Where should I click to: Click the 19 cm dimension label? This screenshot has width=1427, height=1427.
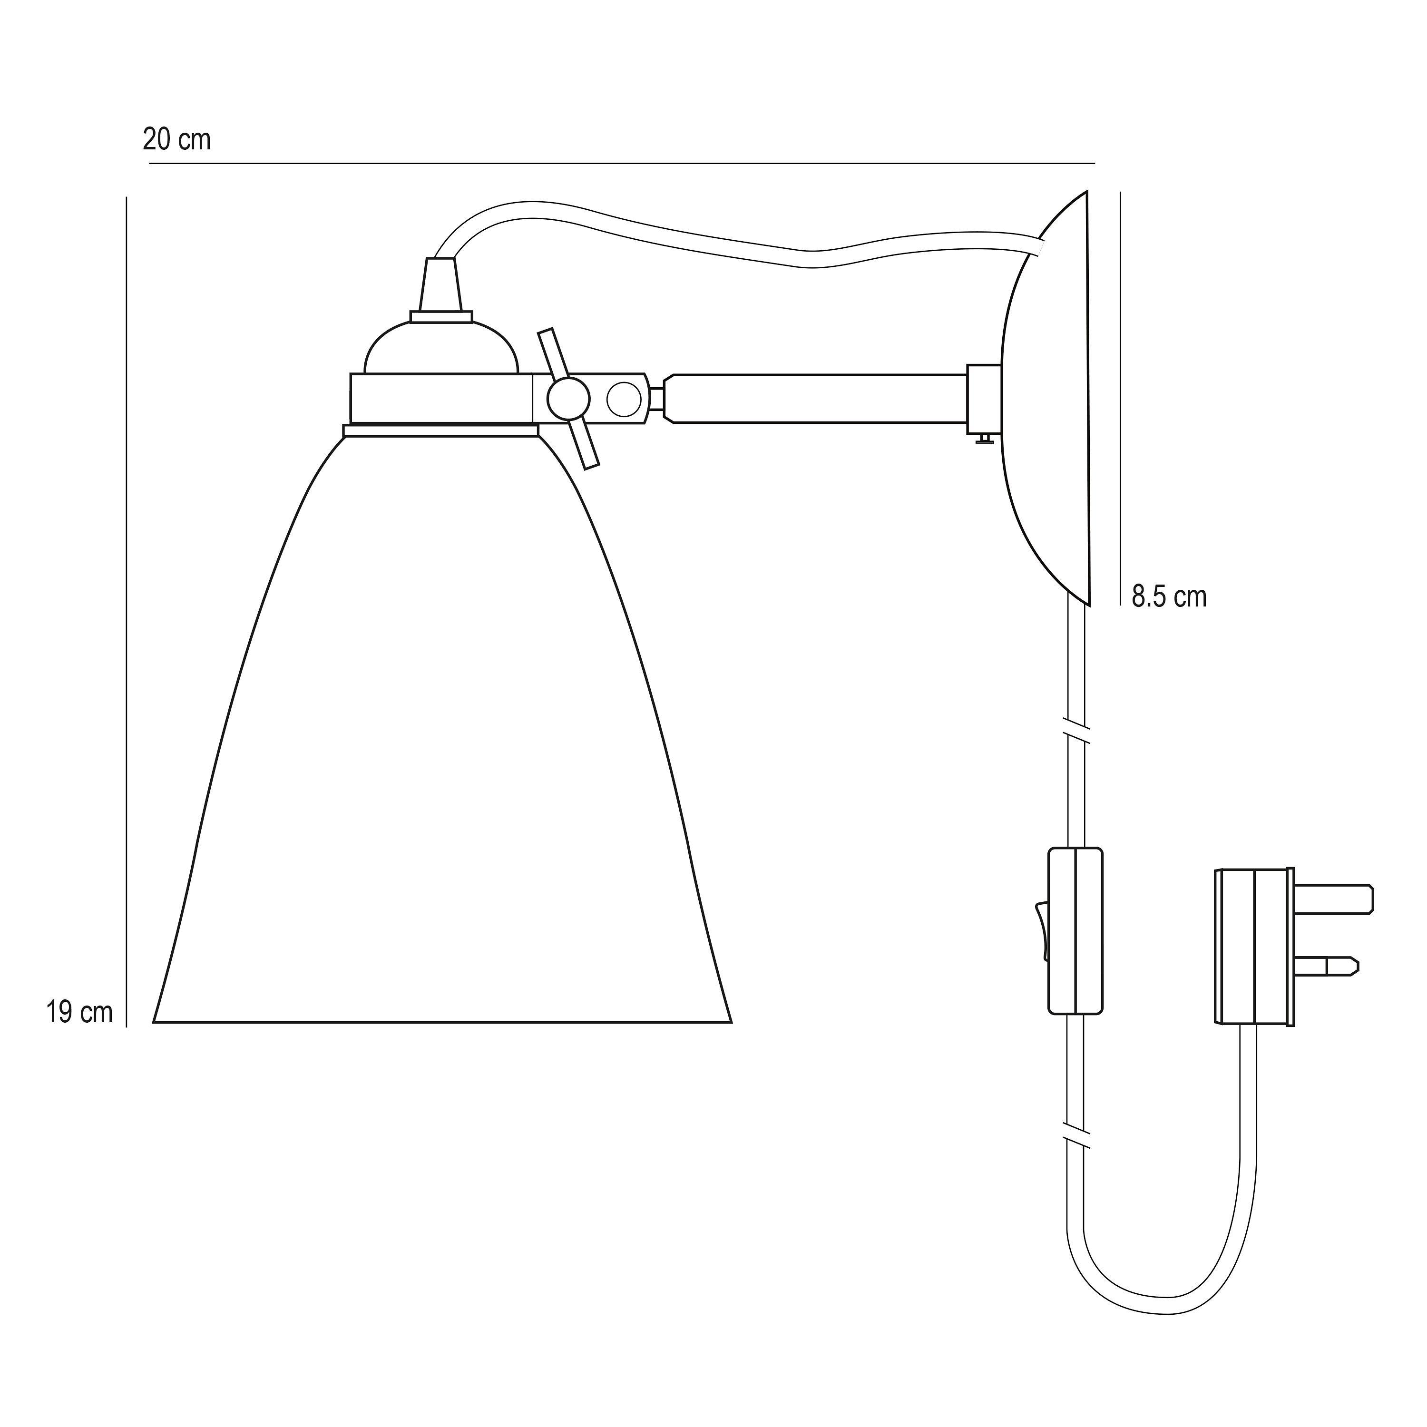[x=80, y=1012]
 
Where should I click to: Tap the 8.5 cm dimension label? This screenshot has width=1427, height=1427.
[x=1169, y=597]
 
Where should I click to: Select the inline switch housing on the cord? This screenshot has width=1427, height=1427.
[x=1075, y=931]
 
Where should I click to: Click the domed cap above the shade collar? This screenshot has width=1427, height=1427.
[x=442, y=347]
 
